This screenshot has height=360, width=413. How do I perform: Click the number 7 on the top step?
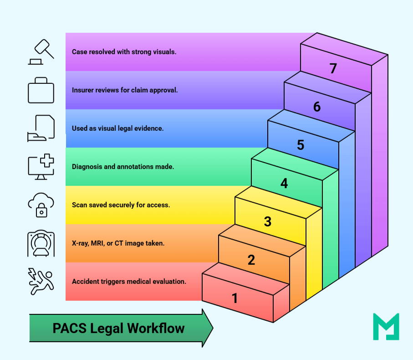(x=333, y=68)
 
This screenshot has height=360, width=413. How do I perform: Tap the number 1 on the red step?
(x=235, y=298)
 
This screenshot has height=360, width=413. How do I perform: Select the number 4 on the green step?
(x=284, y=183)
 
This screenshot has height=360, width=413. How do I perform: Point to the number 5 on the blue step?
(x=301, y=145)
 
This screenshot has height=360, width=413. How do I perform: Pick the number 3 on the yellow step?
(x=268, y=221)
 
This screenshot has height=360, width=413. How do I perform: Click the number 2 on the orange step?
(x=251, y=260)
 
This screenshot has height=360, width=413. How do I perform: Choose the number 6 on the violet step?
(x=317, y=107)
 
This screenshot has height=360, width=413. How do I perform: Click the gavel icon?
(x=41, y=52)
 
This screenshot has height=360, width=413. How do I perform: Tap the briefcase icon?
(x=41, y=90)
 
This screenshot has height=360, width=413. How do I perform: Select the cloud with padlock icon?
(x=41, y=205)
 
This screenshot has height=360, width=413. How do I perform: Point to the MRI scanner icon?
(x=41, y=243)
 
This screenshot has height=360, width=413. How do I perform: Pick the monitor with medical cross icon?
(x=41, y=167)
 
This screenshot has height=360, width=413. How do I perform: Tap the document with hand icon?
(x=41, y=128)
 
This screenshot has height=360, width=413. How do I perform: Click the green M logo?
(x=386, y=326)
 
